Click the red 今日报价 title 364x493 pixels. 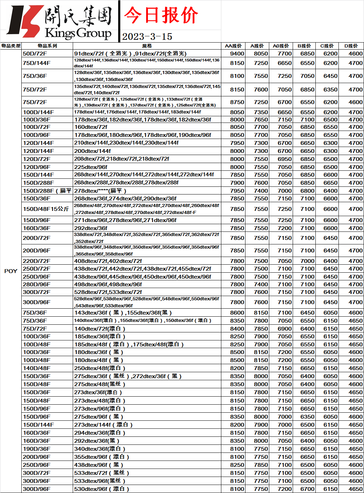tap(161, 16)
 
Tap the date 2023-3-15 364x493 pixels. tap(147, 37)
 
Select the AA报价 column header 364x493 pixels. tap(233, 46)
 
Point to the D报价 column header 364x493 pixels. tap(351, 46)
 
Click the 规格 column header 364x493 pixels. tap(147, 46)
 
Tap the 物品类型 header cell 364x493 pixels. tap(11, 46)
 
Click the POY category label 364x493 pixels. tap(11, 271)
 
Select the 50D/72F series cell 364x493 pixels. tap(35, 53)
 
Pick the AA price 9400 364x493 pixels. tap(237, 53)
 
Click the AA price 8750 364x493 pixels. tap(237, 102)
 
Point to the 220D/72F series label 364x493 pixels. tap(37, 261)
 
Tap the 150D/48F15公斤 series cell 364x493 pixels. tap(46, 209)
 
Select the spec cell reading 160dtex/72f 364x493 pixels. tap(91, 127)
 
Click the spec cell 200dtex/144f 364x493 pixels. tap(92, 151)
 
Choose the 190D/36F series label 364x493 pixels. tap(37, 449)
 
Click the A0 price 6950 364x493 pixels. tap(285, 159)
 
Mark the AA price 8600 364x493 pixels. tap(237, 312)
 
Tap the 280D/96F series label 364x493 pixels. tap(37, 284)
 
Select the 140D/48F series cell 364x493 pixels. tap(37, 368)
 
